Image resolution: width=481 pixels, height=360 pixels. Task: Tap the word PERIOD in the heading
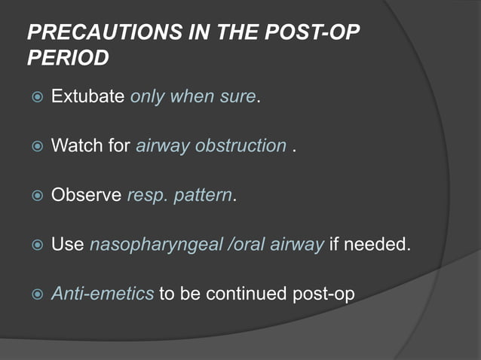pos(68,57)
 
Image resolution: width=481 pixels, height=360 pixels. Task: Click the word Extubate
pos(87,98)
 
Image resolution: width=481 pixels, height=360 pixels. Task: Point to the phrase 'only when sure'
pos(193,98)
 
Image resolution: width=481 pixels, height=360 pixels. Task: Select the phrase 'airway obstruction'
pos(211,146)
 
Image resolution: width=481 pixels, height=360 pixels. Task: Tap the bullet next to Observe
pos(33,196)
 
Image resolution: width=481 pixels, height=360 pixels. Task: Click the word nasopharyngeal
pos(157,245)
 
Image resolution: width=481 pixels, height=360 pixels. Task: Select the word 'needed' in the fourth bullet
pos(384,244)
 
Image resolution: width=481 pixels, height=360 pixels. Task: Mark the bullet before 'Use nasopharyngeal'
pos(33,245)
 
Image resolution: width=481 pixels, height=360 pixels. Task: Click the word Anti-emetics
pos(102,293)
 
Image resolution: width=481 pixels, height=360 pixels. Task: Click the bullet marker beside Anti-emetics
pos(33,294)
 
